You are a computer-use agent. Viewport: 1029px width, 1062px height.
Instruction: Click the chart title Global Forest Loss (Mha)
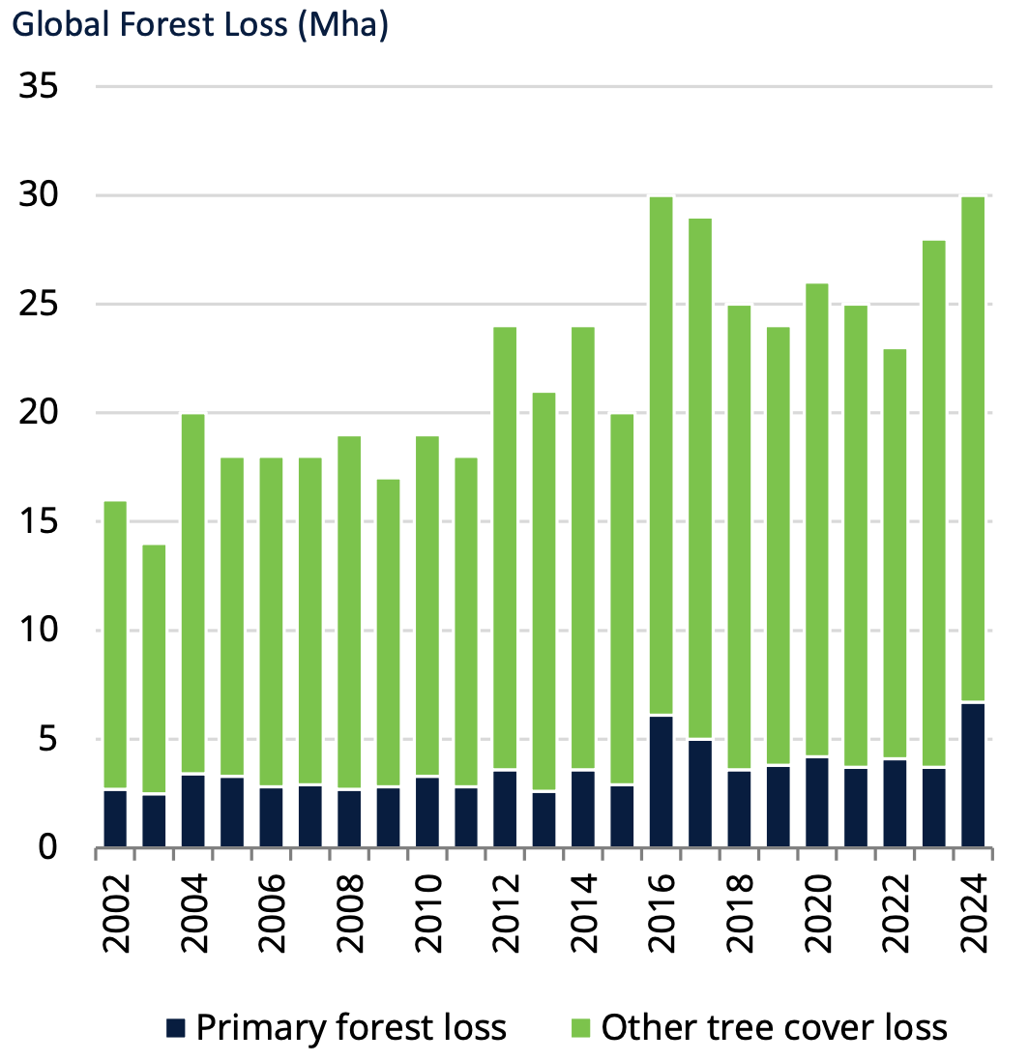point(199,24)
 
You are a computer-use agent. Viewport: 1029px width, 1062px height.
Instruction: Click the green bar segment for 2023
point(934,504)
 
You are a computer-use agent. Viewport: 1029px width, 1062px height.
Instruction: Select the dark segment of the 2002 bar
point(115,818)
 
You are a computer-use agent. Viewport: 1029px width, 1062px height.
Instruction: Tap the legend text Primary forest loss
point(351,1026)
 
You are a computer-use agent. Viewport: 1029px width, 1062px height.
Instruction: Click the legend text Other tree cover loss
point(774,1026)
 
